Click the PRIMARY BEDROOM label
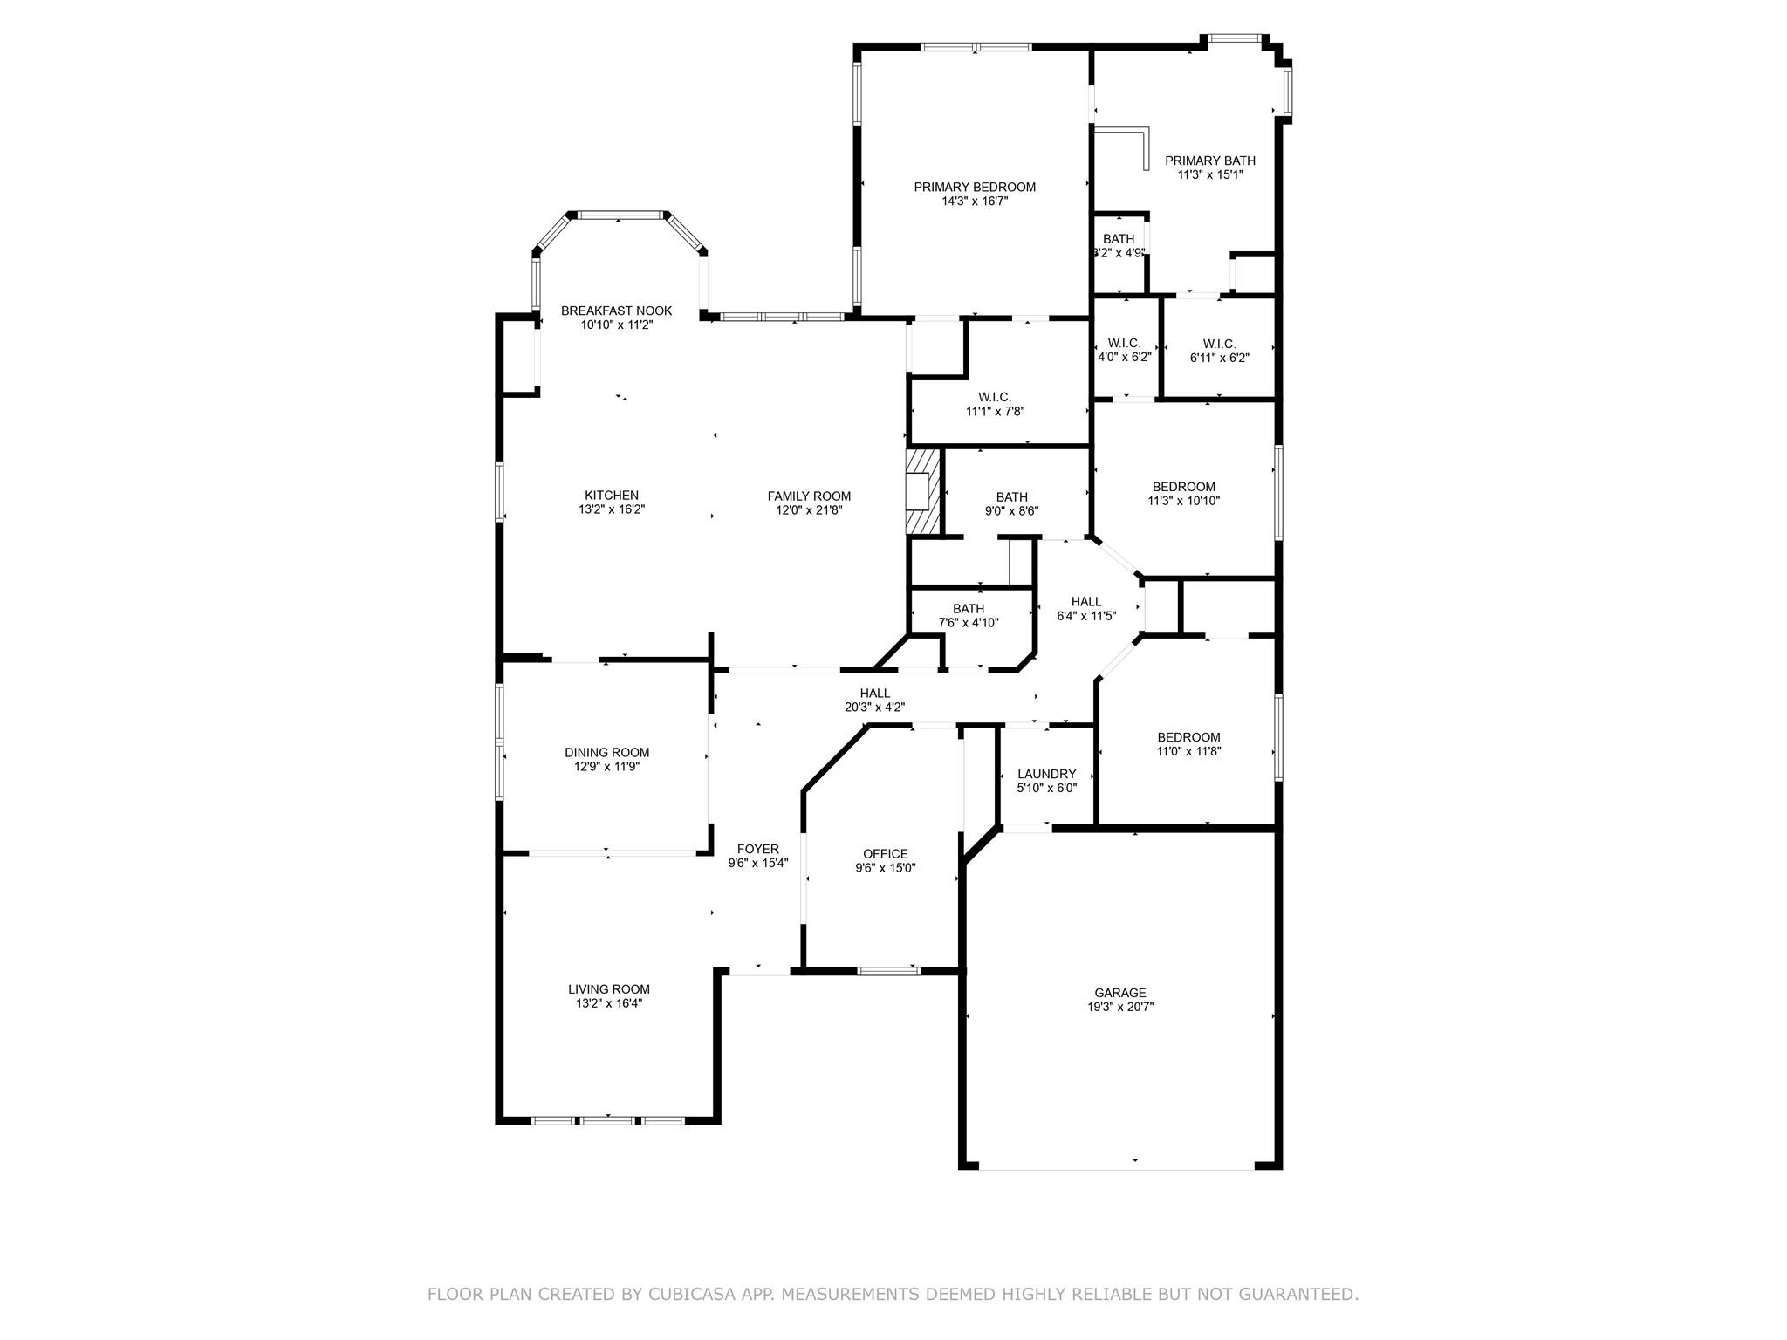coord(975,187)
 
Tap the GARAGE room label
coord(1120,993)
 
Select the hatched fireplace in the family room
coord(924,490)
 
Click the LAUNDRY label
coord(1046,774)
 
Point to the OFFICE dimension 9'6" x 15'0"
coord(886,868)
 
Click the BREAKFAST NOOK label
coord(616,311)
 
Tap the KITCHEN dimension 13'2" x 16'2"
coord(612,509)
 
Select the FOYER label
coord(757,849)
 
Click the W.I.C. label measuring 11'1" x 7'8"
coord(995,397)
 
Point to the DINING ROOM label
coord(606,753)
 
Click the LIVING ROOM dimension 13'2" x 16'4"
coord(609,1003)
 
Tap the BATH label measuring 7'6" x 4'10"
coord(969,609)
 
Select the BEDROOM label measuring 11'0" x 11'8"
coord(1188,737)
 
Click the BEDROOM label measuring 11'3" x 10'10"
coord(1183,487)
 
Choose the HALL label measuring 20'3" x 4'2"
coord(874,694)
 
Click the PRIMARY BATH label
coord(1210,161)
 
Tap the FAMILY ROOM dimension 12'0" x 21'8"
coord(809,510)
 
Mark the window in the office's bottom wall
coord(888,970)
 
